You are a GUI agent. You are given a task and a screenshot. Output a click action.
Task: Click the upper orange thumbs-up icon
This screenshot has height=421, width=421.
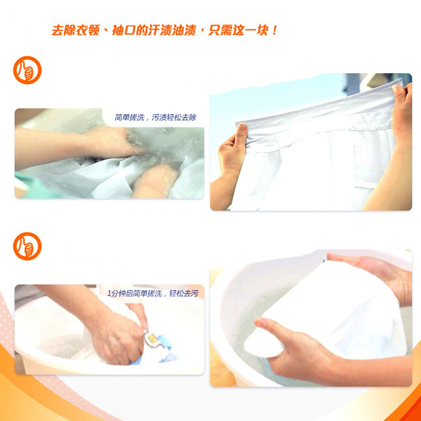coord(27,70)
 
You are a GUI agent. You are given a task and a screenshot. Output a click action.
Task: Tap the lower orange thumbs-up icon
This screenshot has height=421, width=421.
coord(27,246)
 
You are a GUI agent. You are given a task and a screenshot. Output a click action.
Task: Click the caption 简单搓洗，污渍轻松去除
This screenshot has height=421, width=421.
coord(155,117)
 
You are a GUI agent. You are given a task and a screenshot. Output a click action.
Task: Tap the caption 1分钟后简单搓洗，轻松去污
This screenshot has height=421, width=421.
coord(152,294)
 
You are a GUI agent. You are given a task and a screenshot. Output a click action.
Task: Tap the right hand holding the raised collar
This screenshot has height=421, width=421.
coord(402,113)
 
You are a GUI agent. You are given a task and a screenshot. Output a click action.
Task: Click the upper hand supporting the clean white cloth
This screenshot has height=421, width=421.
coord(379,274)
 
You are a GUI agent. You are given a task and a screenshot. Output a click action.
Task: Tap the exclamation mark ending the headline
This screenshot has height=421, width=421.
coord(274,30)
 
